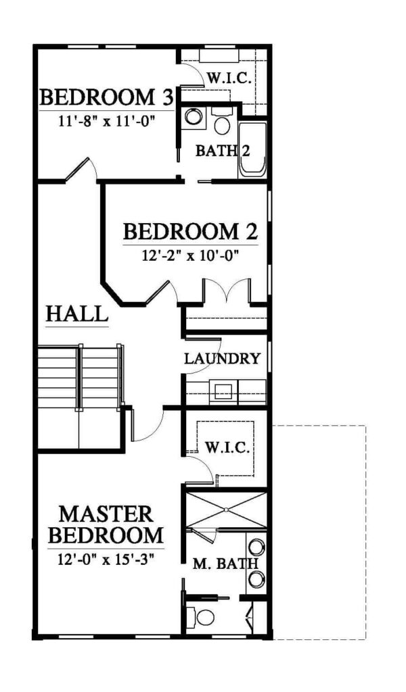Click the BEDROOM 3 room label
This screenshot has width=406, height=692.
[x=106, y=97]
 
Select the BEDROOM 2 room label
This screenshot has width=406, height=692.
[x=190, y=231]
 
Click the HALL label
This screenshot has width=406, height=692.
[x=77, y=314]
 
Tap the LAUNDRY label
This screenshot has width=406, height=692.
[x=222, y=359]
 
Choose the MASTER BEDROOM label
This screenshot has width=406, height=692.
[x=106, y=524]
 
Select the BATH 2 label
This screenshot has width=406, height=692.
[x=223, y=151]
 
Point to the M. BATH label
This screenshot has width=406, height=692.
[x=225, y=564]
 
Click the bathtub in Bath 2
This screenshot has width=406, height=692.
[x=252, y=149]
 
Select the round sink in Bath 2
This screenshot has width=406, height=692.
[x=193, y=116]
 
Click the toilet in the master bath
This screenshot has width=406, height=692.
[x=200, y=617]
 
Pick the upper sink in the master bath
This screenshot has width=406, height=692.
[x=256, y=547]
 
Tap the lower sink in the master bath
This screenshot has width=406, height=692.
[x=256, y=579]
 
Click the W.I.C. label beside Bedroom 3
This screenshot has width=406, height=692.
[x=229, y=79]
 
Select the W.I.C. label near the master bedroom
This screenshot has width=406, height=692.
[x=227, y=449]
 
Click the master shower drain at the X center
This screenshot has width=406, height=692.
[x=226, y=510]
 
